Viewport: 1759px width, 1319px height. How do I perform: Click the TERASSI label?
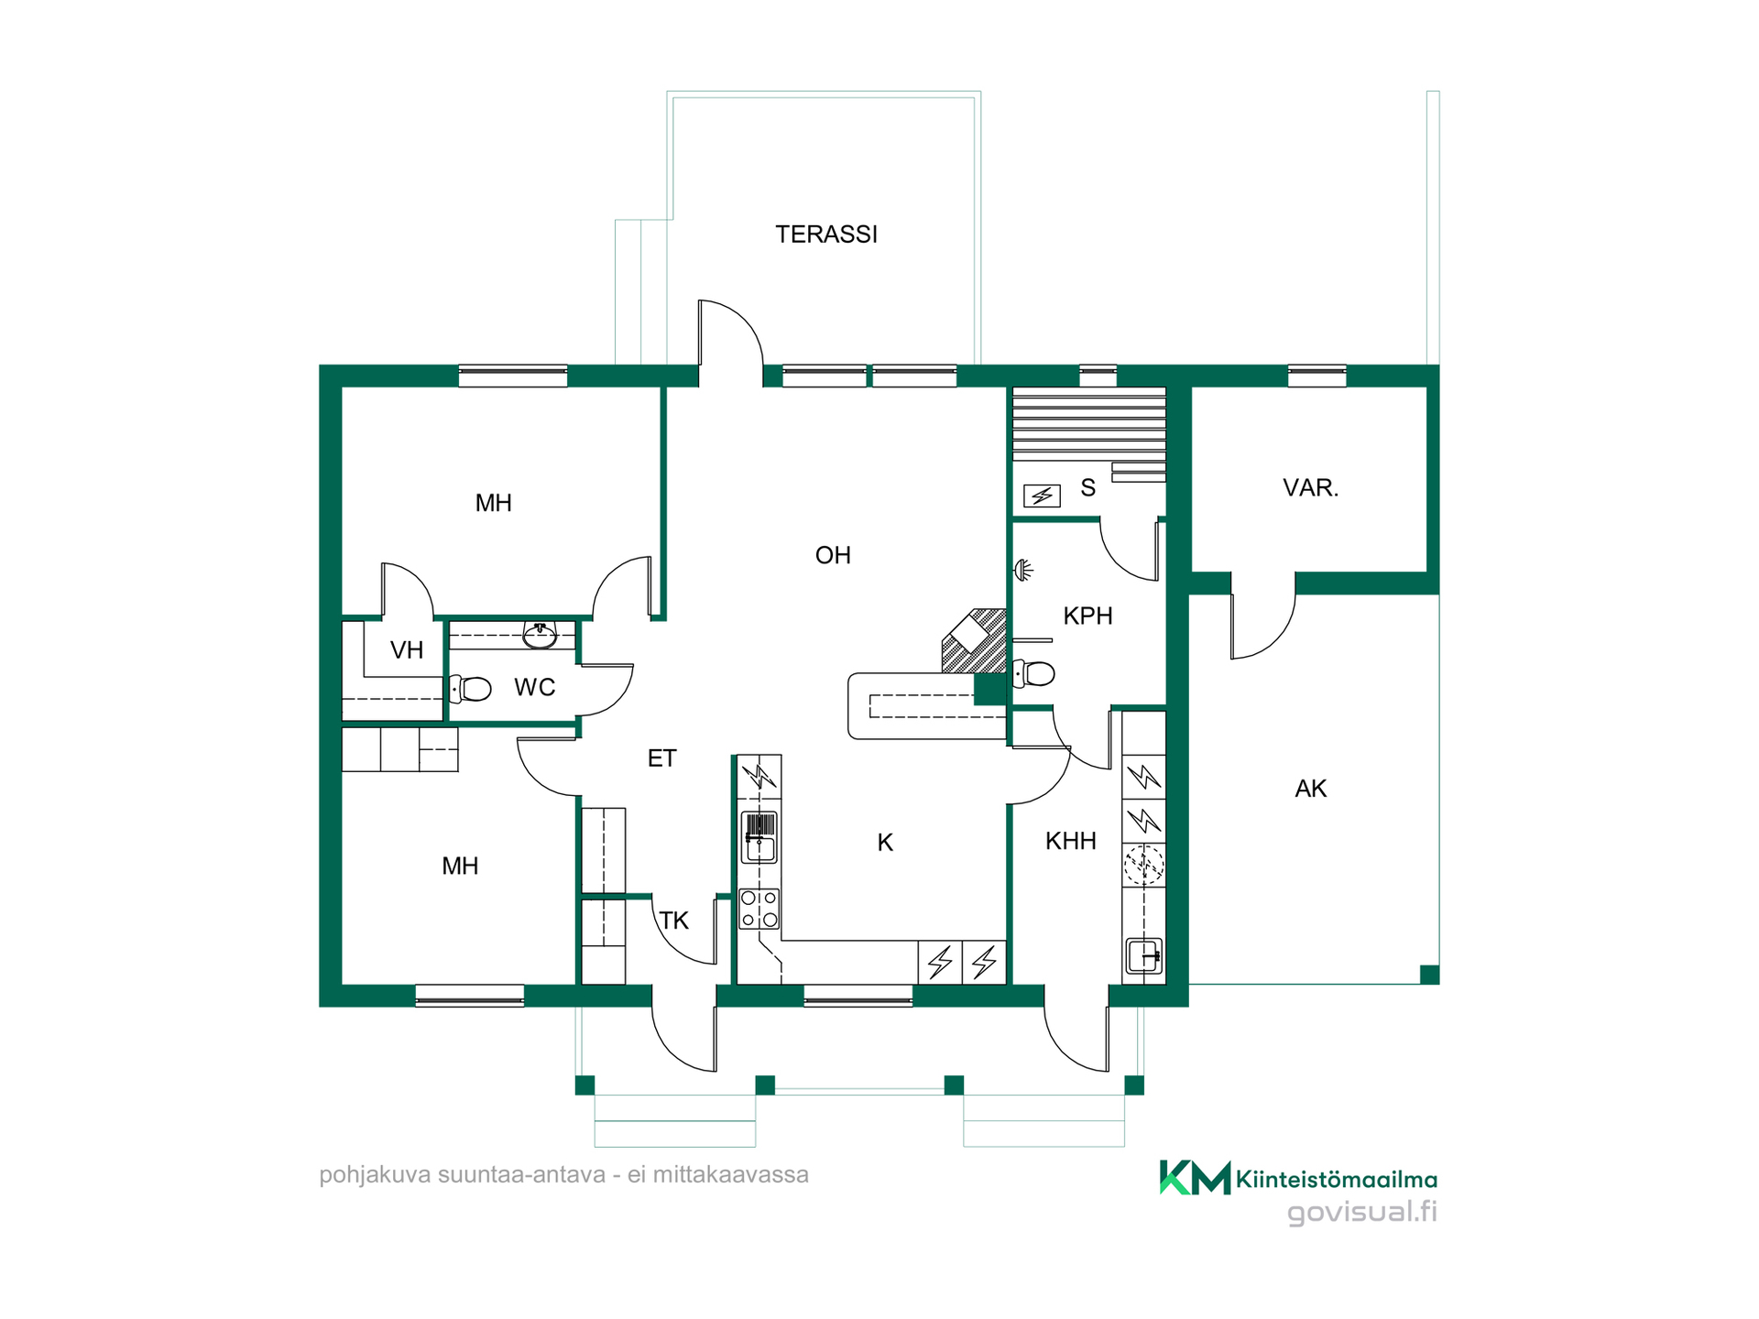point(826,234)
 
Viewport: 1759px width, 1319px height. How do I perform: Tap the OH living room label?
point(833,555)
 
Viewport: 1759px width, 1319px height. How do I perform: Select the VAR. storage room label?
point(1310,487)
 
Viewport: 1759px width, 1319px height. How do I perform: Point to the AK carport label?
point(1311,789)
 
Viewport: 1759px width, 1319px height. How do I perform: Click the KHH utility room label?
point(1071,841)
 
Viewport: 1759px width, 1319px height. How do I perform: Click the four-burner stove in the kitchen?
point(759,909)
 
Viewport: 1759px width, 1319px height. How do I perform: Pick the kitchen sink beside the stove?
point(759,838)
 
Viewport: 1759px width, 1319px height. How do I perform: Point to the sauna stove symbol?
point(1042,496)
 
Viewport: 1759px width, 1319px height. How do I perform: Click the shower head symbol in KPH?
point(1023,571)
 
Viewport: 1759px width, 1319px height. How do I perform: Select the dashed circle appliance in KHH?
point(1144,864)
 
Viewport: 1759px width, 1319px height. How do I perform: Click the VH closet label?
point(407,650)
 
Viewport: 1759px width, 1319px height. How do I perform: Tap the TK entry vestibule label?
point(674,921)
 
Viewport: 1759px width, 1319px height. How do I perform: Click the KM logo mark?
point(1195,1177)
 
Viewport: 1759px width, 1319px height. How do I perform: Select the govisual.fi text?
point(1361,1212)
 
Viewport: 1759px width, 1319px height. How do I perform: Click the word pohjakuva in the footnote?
point(374,1175)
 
